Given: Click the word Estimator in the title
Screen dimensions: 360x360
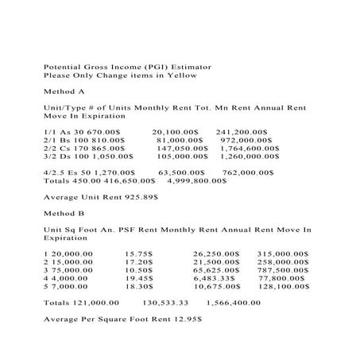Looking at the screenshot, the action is click(189, 66).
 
